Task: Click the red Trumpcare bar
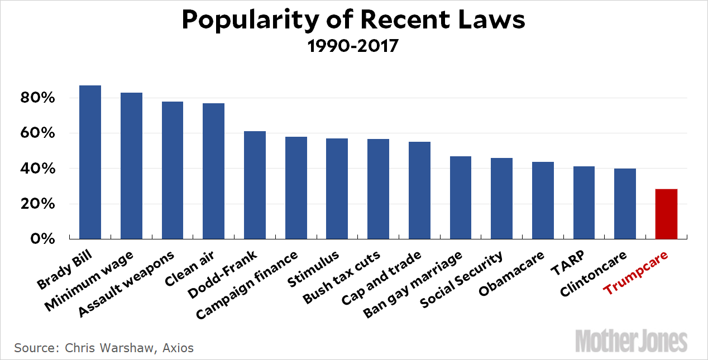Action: (x=666, y=214)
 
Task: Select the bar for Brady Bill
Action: (x=90, y=162)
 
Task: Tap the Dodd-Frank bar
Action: (x=255, y=185)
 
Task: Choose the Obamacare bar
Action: (x=543, y=200)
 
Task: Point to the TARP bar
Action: (x=584, y=203)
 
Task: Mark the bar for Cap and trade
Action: (x=419, y=190)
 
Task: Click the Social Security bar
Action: (x=501, y=198)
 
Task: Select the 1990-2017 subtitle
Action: (x=353, y=45)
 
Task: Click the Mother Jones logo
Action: (x=632, y=340)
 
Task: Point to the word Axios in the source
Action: (x=178, y=348)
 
